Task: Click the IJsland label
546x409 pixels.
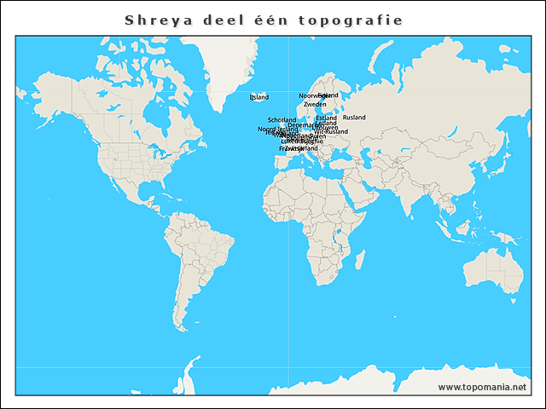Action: (x=258, y=97)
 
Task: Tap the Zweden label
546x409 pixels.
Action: (x=315, y=104)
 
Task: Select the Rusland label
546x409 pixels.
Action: (x=354, y=118)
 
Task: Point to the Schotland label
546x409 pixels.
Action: (x=282, y=120)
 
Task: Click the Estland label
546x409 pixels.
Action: (x=326, y=118)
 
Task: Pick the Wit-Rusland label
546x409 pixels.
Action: (x=331, y=132)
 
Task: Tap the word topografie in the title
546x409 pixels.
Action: (x=351, y=20)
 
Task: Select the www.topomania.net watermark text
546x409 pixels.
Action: (x=483, y=387)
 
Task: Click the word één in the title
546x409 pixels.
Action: (x=270, y=20)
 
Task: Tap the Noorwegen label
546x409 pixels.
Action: (x=311, y=95)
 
